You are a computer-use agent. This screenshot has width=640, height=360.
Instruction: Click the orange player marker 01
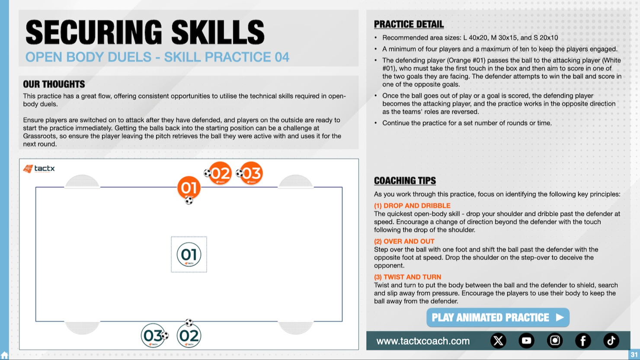coord(189,188)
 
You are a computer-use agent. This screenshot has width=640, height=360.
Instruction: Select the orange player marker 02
coord(220,173)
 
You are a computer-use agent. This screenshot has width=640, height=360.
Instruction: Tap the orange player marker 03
coord(251,173)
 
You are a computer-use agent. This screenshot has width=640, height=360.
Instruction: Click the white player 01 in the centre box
coord(189,255)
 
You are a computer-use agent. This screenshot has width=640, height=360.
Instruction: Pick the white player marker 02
coord(189,335)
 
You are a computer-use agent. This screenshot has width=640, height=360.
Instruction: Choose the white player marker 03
coord(153,335)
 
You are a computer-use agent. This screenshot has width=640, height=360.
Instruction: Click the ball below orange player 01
coord(189,201)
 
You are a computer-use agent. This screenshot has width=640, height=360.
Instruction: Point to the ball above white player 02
coord(189,322)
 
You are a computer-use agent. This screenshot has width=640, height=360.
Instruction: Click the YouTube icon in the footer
coord(526,341)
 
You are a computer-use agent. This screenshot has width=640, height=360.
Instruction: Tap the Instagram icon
coord(554,341)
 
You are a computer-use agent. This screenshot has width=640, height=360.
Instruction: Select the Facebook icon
coord(583,341)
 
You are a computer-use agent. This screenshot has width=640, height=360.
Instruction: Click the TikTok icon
coord(611,341)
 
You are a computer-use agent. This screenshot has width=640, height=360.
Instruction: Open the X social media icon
coord(498,341)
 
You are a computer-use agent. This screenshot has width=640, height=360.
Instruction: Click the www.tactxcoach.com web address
coord(423,341)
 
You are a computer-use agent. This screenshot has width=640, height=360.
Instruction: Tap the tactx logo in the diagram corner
coord(39,169)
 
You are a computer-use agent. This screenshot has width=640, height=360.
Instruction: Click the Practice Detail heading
coord(409,24)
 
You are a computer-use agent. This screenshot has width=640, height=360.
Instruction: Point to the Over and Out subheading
coord(404,241)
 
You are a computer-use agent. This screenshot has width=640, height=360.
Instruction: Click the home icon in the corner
coord(4,356)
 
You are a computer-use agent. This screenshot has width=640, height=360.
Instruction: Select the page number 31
coord(634,354)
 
